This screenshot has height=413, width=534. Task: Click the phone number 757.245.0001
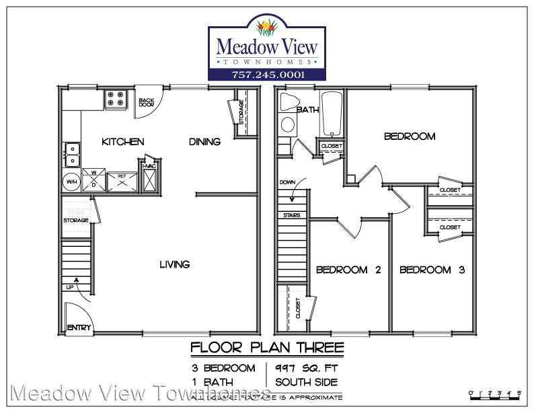[268, 74]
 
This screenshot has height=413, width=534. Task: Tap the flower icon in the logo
[268, 28]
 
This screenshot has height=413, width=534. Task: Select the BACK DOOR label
[146, 102]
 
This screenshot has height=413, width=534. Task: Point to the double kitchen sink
[71, 154]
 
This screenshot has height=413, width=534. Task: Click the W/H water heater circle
[71, 181]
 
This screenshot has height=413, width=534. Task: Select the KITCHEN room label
[122, 141]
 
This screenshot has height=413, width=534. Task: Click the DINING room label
[204, 141]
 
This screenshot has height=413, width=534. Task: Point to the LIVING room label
[174, 264]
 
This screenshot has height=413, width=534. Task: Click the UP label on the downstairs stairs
[70, 288]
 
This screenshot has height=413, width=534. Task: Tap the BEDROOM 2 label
[348, 270]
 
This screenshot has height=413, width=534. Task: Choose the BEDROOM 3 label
[432, 270]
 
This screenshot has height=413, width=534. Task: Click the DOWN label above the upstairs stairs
[287, 182]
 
